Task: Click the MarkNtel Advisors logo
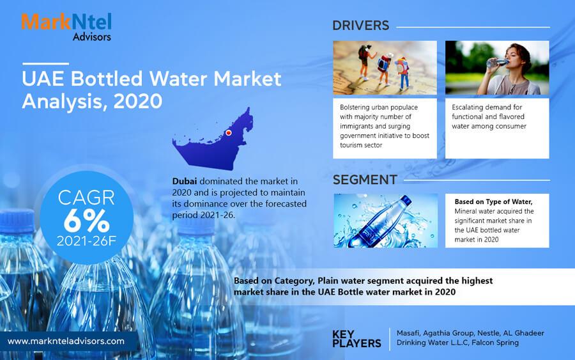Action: pyautogui.click(x=66, y=27)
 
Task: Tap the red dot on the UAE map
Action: pyautogui.click(x=229, y=132)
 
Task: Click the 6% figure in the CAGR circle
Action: pyautogui.click(x=86, y=221)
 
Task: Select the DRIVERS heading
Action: pyautogui.click(x=360, y=26)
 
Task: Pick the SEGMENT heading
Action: pyautogui.click(x=365, y=180)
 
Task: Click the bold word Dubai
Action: pyautogui.click(x=185, y=182)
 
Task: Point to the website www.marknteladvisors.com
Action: pyautogui.click(x=66, y=341)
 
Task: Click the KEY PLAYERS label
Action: pyautogui.click(x=356, y=339)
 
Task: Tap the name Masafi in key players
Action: pyautogui.click(x=408, y=333)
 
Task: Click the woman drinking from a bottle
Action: pyautogui.click(x=510, y=68)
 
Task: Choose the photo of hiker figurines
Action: pyautogui.click(x=385, y=68)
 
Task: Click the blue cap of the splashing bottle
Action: pyautogui.click(x=406, y=200)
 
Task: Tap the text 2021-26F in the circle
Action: pyautogui.click(x=86, y=241)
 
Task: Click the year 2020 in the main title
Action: pyautogui.click(x=138, y=101)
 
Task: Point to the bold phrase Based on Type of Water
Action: pyautogui.click(x=493, y=202)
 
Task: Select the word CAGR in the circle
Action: pyautogui.click(x=86, y=198)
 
